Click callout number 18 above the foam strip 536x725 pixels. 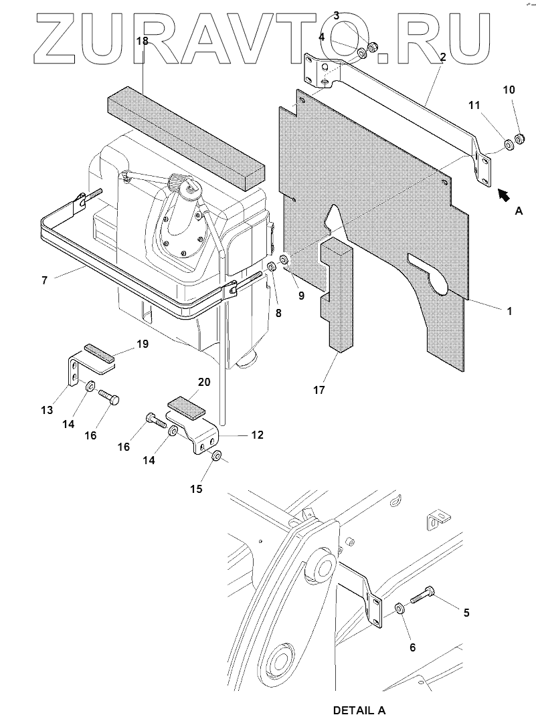[x=142, y=41]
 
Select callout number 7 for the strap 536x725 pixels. [x=44, y=280]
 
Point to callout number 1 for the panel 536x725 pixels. [x=509, y=311]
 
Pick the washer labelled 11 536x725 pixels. [x=508, y=143]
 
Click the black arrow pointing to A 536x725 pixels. [x=505, y=194]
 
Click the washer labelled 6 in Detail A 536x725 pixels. [x=399, y=609]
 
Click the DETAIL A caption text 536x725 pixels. [x=359, y=710]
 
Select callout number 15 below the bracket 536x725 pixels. [x=195, y=489]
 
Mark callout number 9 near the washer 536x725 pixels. [x=302, y=295]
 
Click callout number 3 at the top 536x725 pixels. [x=336, y=15]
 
